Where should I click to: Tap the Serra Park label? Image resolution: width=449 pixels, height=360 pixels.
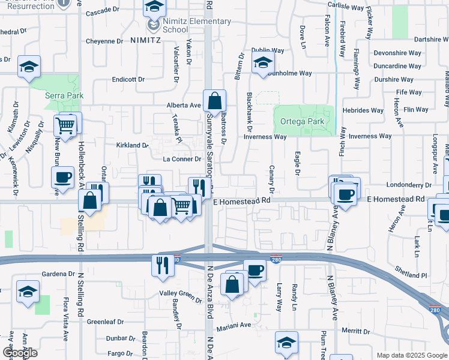[x=64, y=95]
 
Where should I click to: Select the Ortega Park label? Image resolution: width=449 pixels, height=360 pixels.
[x=302, y=121]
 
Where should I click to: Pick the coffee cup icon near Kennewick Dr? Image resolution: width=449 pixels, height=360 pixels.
[x=62, y=176]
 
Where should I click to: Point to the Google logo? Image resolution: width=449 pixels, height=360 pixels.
[x=20, y=353]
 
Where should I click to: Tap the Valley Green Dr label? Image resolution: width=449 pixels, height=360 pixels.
[x=181, y=294]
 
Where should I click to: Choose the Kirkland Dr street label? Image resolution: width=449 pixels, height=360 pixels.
[x=132, y=145]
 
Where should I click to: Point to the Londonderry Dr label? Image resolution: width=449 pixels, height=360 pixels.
[x=410, y=185]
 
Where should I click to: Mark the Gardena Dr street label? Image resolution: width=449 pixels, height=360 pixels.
[x=57, y=274]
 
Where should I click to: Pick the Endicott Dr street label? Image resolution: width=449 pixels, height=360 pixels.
[x=128, y=79]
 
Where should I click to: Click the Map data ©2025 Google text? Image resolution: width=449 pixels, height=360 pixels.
[x=411, y=355]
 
